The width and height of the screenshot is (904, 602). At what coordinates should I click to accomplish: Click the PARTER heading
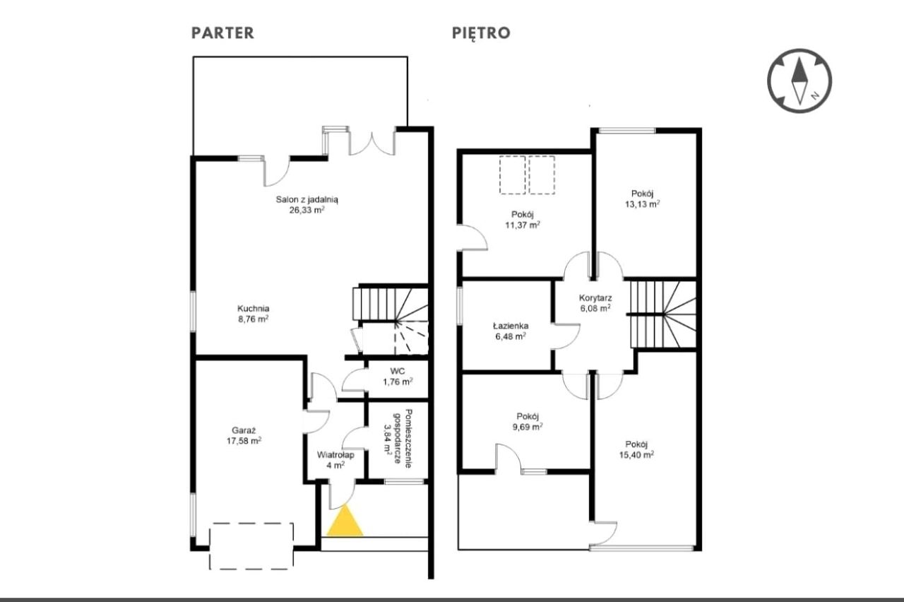click(222, 33)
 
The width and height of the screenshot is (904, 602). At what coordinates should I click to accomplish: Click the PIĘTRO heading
click(481, 33)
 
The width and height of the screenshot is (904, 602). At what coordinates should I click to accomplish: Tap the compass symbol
click(799, 81)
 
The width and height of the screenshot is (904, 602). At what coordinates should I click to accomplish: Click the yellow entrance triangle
click(345, 521)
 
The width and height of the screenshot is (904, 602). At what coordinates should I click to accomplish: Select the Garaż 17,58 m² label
click(244, 436)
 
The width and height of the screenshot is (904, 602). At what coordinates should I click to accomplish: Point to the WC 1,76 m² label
click(398, 377)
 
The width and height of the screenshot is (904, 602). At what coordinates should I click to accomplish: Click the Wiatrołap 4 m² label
click(335, 460)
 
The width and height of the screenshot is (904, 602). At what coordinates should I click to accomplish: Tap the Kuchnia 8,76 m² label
click(253, 314)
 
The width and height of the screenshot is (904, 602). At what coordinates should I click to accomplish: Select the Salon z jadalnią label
click(307, 199)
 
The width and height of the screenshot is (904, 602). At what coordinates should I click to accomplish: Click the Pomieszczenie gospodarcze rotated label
click(398, 439)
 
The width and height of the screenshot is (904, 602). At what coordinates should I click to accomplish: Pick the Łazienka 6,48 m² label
click(511, 331)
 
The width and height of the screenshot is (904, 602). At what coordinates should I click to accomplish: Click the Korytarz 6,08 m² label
click(595, 303)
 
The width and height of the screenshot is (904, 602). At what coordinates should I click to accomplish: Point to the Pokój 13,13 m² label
click(643, 199)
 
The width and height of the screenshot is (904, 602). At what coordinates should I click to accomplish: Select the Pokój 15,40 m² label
click(636, 450)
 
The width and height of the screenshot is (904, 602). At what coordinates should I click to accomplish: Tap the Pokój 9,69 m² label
click(528, 422)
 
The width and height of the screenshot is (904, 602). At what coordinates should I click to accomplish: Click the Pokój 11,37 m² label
click(523, 220)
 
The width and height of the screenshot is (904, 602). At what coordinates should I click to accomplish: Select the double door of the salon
click(371, 142)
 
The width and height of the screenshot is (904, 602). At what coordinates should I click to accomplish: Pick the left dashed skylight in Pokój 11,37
click(513, 175)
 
